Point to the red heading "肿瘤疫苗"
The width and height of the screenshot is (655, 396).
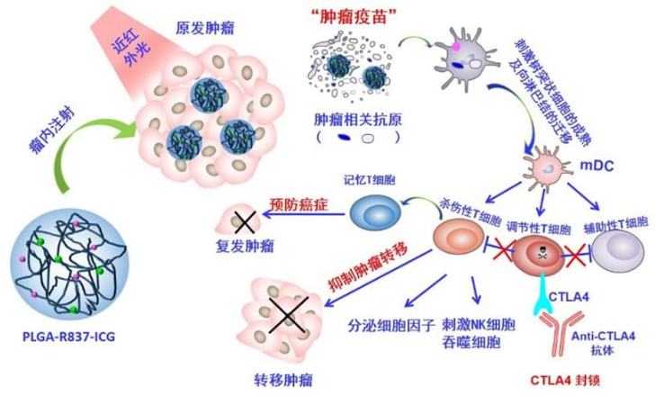click(x=350, y=17)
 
